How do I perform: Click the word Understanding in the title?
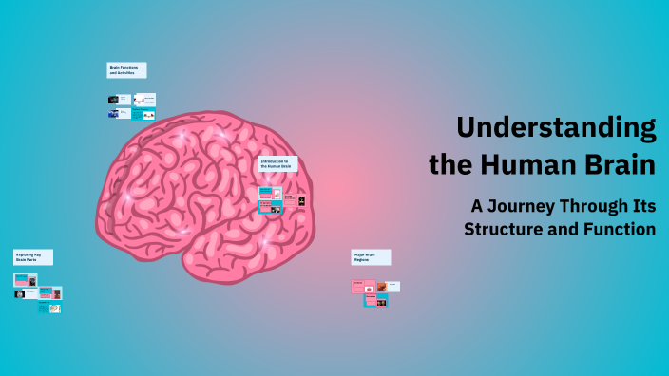coord(556,128)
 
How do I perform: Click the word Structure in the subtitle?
coord(503,229)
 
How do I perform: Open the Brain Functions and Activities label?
coord(126,70)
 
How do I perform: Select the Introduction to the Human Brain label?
coord(277,164)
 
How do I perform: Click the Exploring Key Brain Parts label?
coord(32,257)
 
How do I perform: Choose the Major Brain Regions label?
coord(371,257)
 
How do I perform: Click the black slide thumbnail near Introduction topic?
coord(301,200)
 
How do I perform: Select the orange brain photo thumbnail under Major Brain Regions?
coord(381,286)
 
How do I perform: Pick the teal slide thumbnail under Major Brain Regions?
coord(382,301)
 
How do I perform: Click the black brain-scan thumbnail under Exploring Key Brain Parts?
coord(20,293)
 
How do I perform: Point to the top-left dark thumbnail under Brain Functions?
coord(113,99)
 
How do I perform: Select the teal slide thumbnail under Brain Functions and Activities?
coord(137,115)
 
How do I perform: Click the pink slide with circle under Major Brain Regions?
coord(357,287)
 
